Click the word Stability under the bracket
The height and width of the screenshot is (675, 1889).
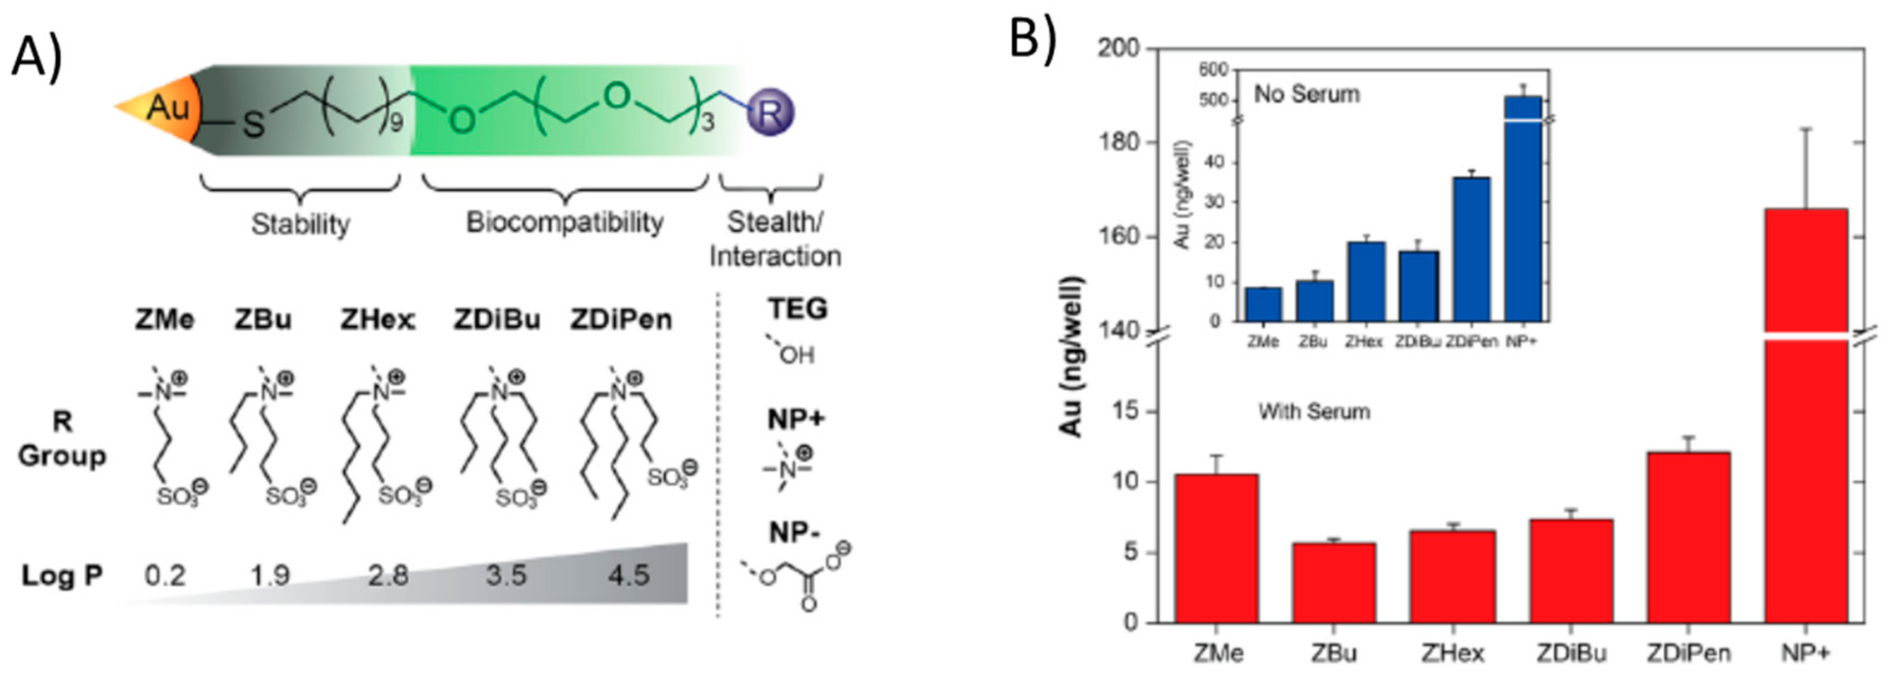(300, 223)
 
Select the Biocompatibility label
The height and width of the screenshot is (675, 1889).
(565, 221)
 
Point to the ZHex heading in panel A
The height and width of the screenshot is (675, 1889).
(378, 320)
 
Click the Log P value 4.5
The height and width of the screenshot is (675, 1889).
(628, 574)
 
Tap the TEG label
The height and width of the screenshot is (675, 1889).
(797, 309)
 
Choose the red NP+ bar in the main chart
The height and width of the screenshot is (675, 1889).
(1805, 440)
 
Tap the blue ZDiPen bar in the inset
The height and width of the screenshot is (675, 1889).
(1471, 250)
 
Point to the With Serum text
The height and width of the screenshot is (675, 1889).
(1314, 412)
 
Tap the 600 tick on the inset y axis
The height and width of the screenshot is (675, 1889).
(1213, 70)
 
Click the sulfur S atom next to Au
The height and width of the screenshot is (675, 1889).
(253, 123)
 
